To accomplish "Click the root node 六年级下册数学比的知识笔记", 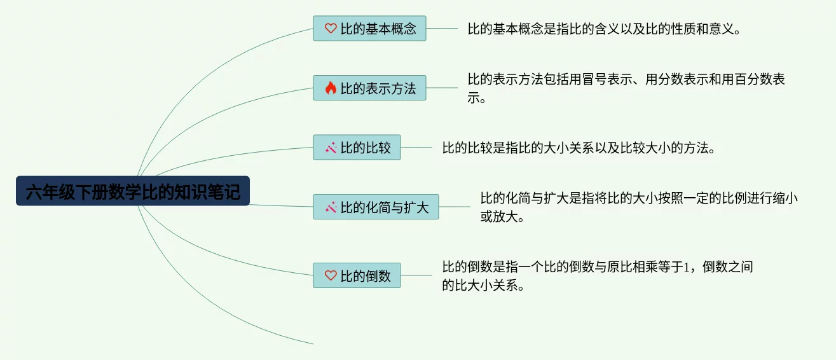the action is [x=132, y=191].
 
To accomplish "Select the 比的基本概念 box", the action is [x=369, y=29].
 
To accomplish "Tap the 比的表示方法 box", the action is [x=369, y=88].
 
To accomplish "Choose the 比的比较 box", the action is [x=357, y=147].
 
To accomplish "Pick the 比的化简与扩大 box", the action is [x=376, y=207].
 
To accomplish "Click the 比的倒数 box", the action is [x=357, y=275].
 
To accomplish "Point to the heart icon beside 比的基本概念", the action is [x=331, y=29].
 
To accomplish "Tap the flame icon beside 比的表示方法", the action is [x=331, y=88].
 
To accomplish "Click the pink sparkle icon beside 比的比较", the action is [x=331, y=148].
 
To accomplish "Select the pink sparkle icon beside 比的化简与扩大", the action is [x=331, y=207].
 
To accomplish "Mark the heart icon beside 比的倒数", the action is [x=331, y=275].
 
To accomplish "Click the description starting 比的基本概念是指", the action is [x=604, y=29].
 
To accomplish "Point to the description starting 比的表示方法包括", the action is [x=626, y=88].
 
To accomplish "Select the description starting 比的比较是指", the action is [x=579, y=148].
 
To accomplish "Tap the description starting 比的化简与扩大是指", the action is [x=639, y=207].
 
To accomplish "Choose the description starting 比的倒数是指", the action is [x=598, y=276].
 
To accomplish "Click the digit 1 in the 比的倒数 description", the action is [x=687, y=267].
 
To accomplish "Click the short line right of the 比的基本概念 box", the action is [x=442, y=29].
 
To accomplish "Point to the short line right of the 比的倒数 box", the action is [x=416, y=275].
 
